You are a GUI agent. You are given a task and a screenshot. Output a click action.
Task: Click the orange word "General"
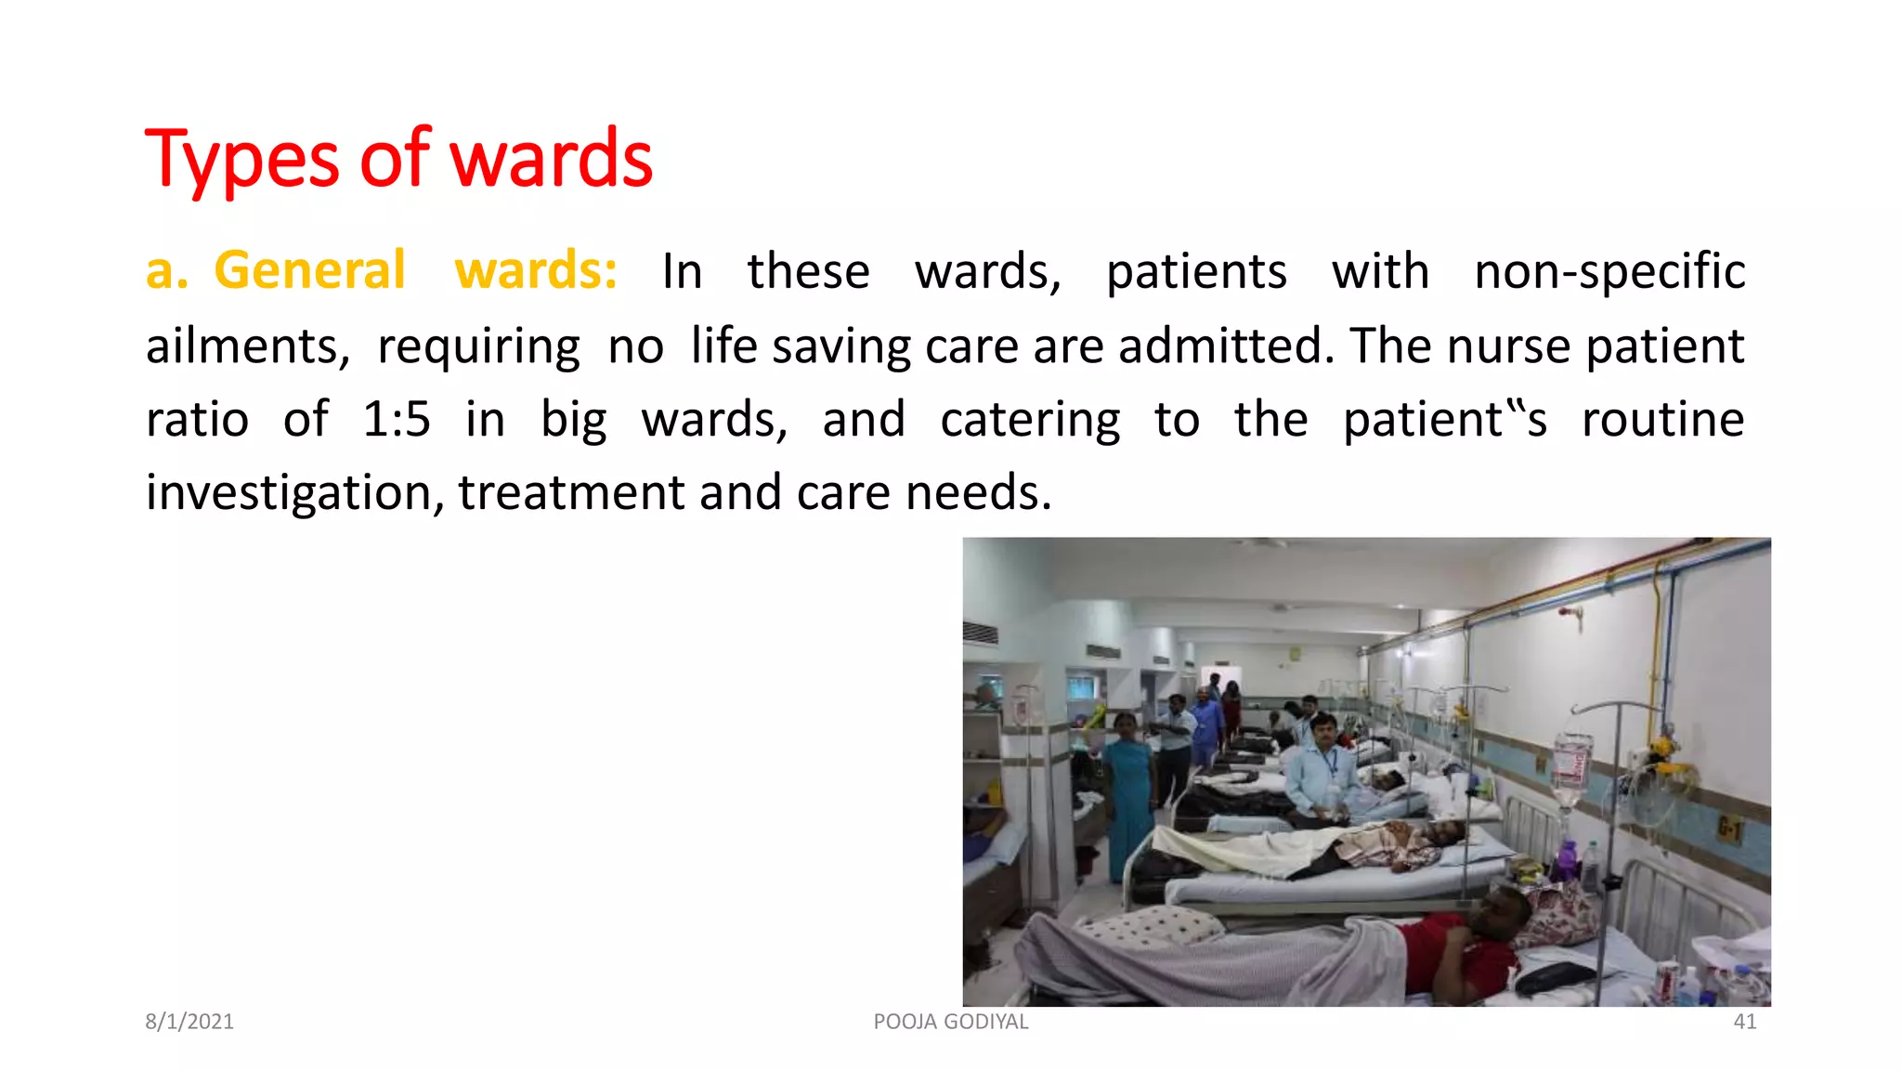tap(309, 270)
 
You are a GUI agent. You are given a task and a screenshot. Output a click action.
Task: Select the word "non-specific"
tap(1609, 272)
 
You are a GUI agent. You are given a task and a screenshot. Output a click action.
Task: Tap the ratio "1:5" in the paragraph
tap(397, 419)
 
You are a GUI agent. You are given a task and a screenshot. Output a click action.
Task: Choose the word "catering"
tap(1029, 420)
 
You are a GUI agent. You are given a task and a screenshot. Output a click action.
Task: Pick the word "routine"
tap(1662, 419)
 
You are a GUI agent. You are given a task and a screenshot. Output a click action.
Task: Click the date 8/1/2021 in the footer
tap(189, 1022)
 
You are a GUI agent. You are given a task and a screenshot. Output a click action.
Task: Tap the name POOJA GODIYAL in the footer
tap(950, 1022)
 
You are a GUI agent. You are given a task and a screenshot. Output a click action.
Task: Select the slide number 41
tap(1745, 1022)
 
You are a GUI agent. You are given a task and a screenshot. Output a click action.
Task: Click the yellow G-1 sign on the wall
tap(1728, 827)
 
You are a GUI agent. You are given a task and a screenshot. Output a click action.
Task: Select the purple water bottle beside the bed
tap(1568, 858)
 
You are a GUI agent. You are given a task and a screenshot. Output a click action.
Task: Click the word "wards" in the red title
tap(551, 160)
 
